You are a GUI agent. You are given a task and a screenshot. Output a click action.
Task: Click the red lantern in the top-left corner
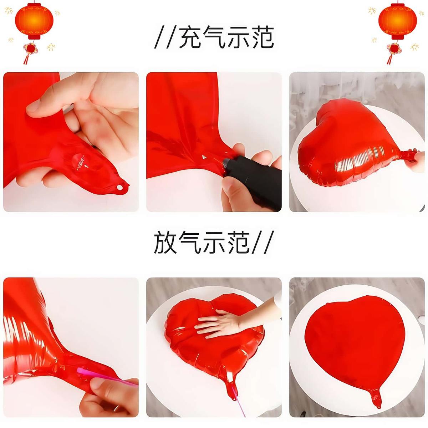(34, 21)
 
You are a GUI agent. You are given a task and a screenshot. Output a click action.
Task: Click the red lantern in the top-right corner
(398, 21)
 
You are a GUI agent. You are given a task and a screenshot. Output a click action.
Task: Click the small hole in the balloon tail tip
(120, 188)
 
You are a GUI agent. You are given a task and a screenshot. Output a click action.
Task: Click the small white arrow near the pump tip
(204, 157)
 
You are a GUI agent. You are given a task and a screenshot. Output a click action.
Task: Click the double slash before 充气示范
(165, 37)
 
